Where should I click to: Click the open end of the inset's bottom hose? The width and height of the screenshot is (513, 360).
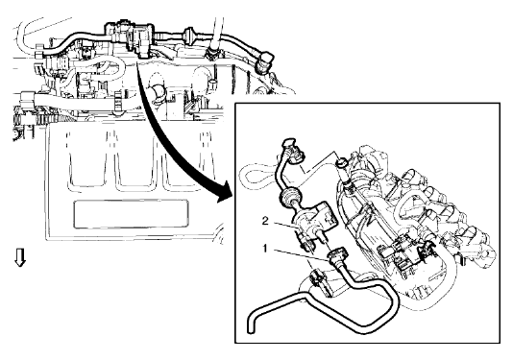[x=250, y=330]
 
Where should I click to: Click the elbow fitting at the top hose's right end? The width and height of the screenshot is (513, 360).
[x=265, y=60]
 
